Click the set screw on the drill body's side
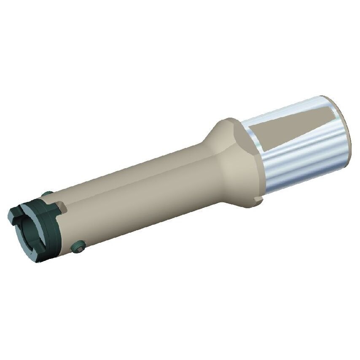78,247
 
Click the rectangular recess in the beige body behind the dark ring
61,207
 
